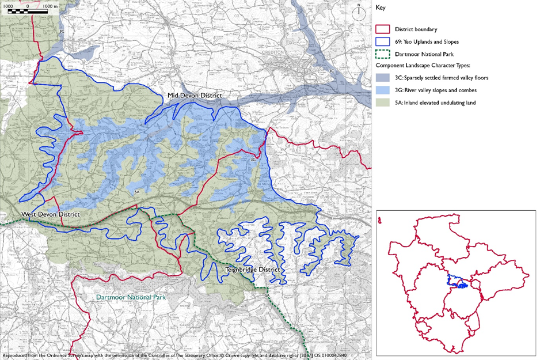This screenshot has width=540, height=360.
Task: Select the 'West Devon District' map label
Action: pos(51,214)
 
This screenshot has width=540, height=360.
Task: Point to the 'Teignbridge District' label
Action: pos(252,270)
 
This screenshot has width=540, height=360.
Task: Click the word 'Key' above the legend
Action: pos(381,8)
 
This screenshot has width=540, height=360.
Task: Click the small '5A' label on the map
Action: pos(137,191)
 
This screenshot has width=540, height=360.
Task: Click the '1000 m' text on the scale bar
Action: pos(51,5)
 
